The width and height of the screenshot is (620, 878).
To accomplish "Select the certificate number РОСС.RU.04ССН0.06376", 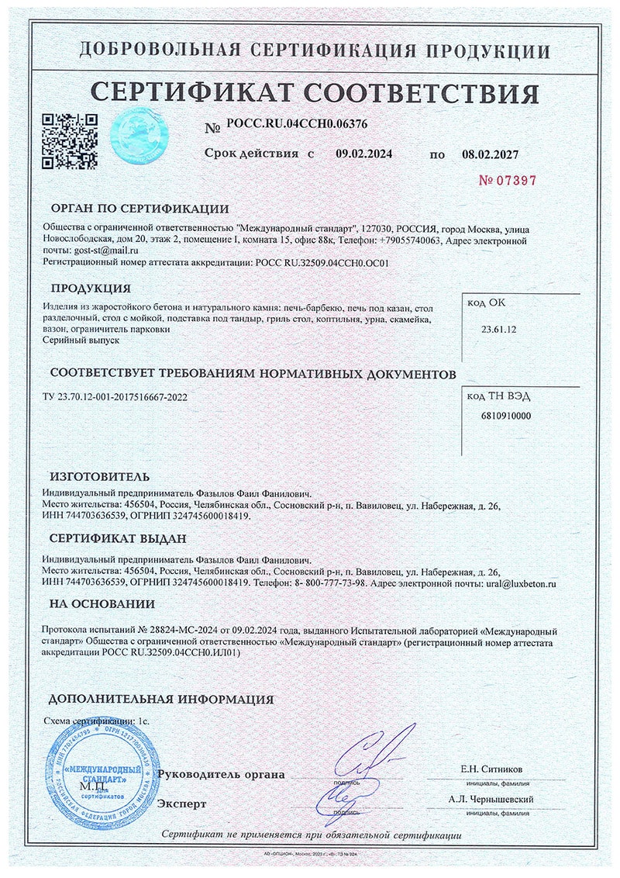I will point(298,123).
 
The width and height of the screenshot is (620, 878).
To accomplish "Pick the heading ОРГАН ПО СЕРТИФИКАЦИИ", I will point(139,208).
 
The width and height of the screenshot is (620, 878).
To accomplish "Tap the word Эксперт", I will point(182,804).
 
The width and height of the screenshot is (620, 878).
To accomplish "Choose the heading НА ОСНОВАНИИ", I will point(102,603).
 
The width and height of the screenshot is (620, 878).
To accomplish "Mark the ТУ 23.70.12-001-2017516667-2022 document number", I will point(115,398).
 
